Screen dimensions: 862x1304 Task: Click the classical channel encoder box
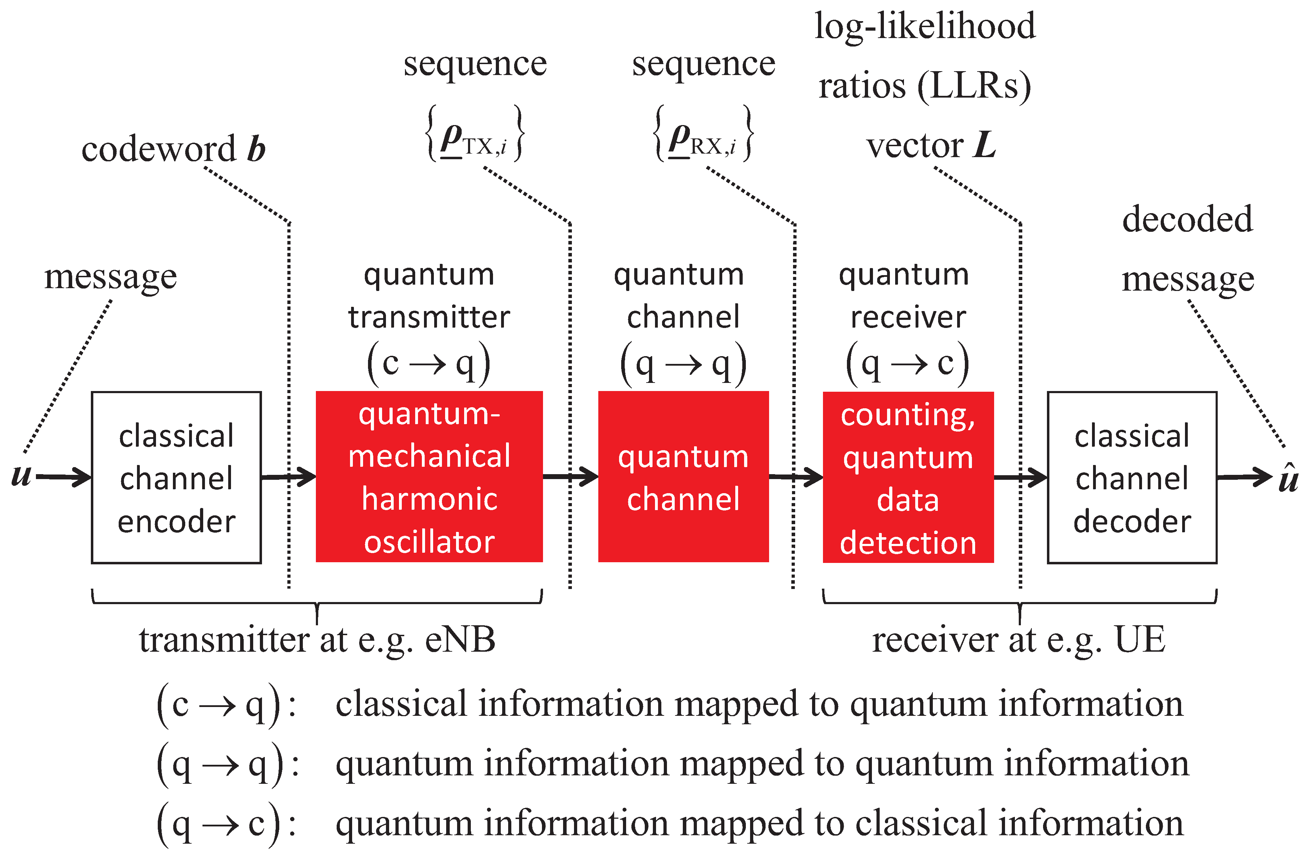pos(176,477)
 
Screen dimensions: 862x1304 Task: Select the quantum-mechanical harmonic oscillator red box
pos(429,476)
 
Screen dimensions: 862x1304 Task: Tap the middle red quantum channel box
pos(683,476)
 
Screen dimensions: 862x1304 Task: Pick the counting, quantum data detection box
pos(908,477)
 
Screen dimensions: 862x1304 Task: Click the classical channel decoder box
pos(1132,477)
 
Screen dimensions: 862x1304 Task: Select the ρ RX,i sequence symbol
pos(702,135)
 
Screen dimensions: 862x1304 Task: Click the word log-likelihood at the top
pos(925,26)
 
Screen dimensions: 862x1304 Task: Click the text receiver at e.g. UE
pos(1018,640)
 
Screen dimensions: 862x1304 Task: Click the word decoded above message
pos(1187,219)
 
